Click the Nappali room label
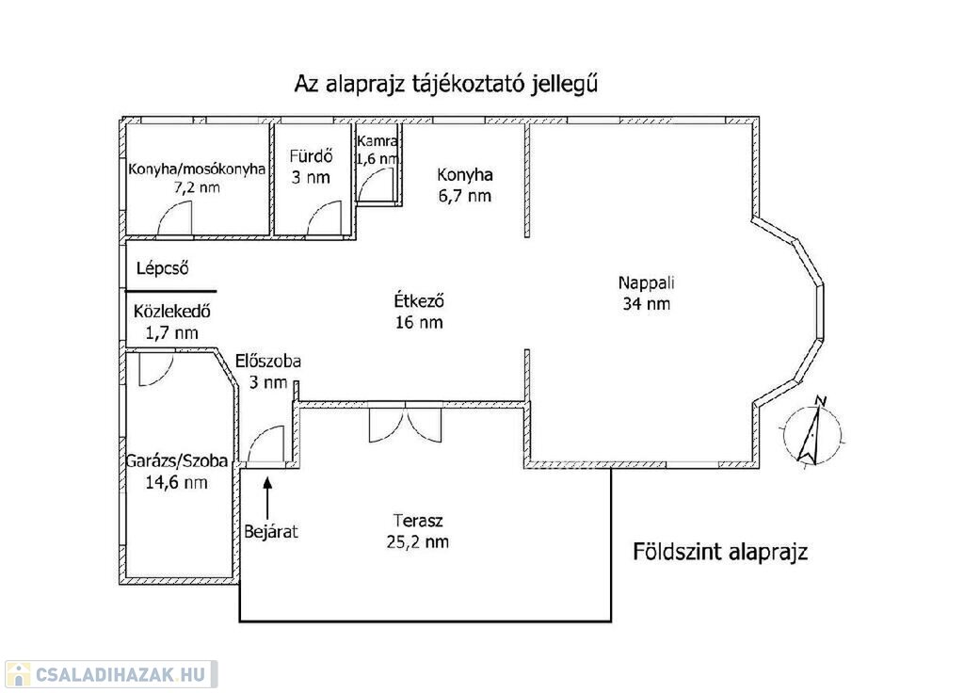click(646, 283)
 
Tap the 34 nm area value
click(646, 304)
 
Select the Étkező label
click(419, 300)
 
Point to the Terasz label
click(418, 521)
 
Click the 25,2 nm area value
click(417, 541)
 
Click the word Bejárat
click(271, 531)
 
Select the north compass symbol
click(812, 431)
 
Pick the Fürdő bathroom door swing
click(324, 218)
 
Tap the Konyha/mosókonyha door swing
click(174, 218)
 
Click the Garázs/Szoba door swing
click(155, 368)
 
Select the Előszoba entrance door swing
click(265, 443)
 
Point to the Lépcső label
click(162, 268)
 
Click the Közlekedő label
click(172, 311)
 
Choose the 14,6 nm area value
click(176, 482)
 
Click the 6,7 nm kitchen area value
click(465, 196)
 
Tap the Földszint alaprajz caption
click(720, 552)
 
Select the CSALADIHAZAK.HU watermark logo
click(111, 674)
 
